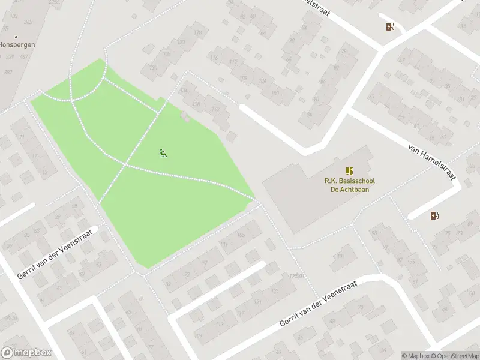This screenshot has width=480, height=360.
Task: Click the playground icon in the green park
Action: coord(162,153)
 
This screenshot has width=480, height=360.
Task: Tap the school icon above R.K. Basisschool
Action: coord(349,171)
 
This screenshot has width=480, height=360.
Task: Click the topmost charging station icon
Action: coord(391,26)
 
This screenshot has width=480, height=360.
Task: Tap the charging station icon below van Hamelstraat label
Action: coord(435,215)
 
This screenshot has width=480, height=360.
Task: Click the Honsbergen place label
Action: coord(17,45)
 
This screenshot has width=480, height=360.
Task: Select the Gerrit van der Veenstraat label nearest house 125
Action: coord(318,305)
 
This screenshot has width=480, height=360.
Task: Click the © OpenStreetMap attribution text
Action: coord(455,356)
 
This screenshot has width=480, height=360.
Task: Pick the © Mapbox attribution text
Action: coord(416,356)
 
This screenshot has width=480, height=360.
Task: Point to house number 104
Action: coord(262,80)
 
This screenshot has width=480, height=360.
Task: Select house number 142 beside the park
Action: coord(215,109)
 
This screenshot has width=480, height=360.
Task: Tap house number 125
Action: coord(275,291)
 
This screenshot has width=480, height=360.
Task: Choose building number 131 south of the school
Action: coord(341,256)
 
